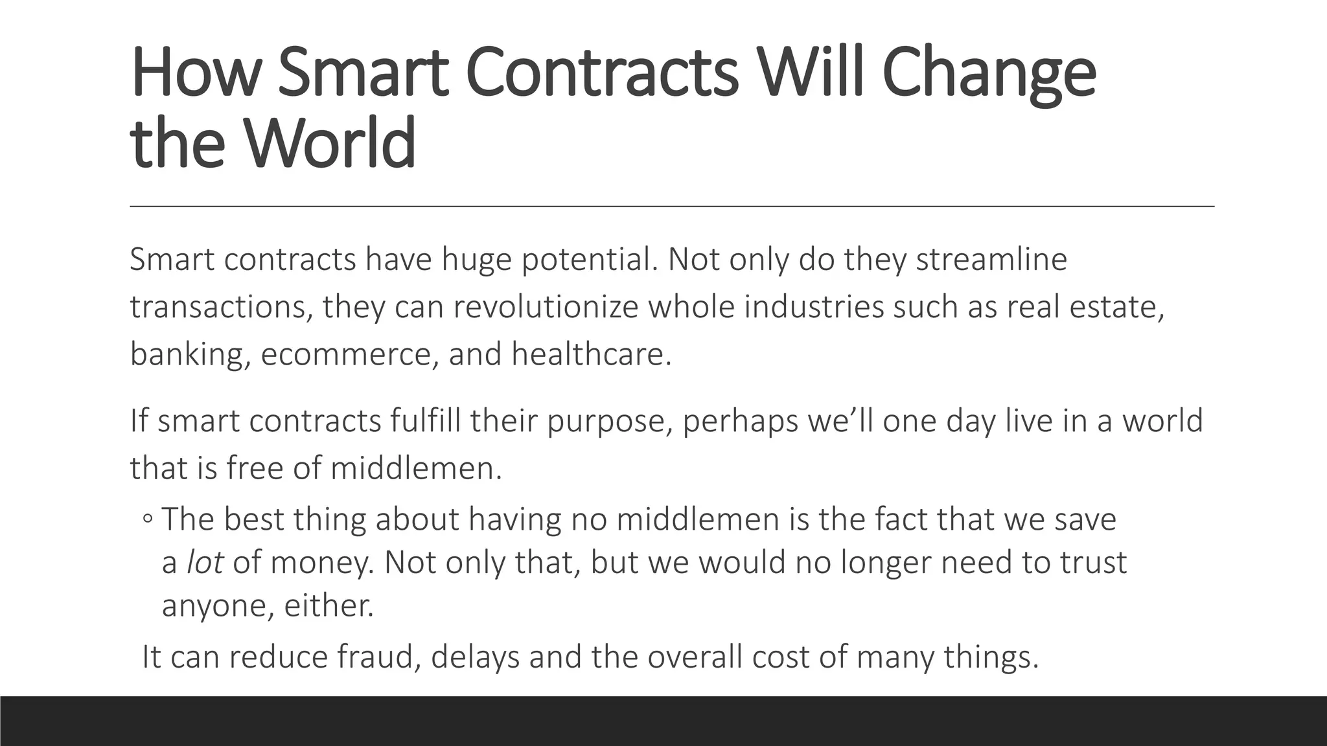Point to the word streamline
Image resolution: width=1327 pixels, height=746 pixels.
[991, 260]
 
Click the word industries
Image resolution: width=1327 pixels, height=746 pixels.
[813, 307]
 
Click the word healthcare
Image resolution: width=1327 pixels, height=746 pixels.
[591, 354]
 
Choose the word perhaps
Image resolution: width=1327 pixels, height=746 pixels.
[610, 422]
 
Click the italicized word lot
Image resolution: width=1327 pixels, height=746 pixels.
[205, 562]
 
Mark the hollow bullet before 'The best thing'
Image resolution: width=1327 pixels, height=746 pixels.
[148, 519]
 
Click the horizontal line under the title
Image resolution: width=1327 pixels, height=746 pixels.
[671, 206]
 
